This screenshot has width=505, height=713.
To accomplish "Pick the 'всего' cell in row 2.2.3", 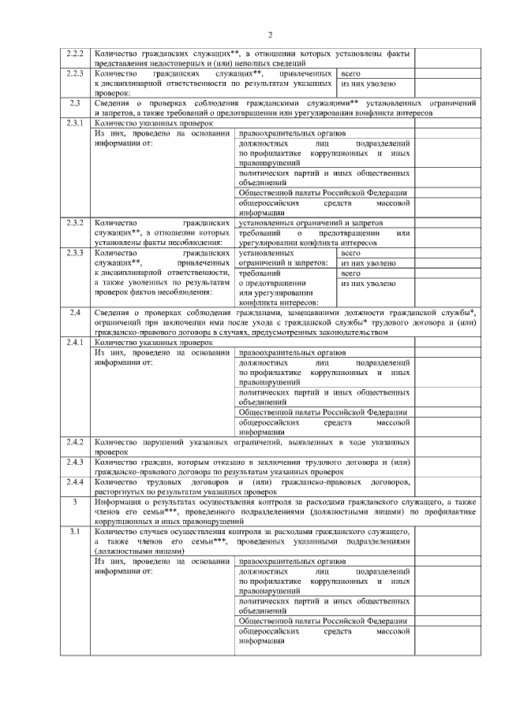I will tap(350, 72).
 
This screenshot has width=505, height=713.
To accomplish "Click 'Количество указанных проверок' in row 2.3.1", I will tap(154, 124).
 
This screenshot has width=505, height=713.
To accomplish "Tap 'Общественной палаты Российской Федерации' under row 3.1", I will tap(323, 622).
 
